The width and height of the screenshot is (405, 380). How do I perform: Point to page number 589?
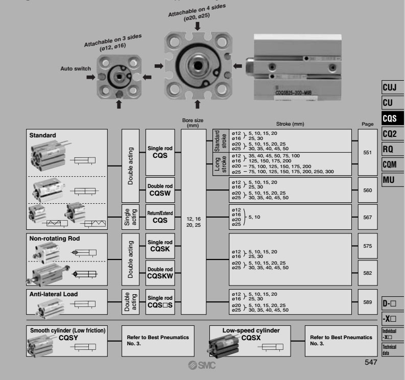[367, 302]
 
